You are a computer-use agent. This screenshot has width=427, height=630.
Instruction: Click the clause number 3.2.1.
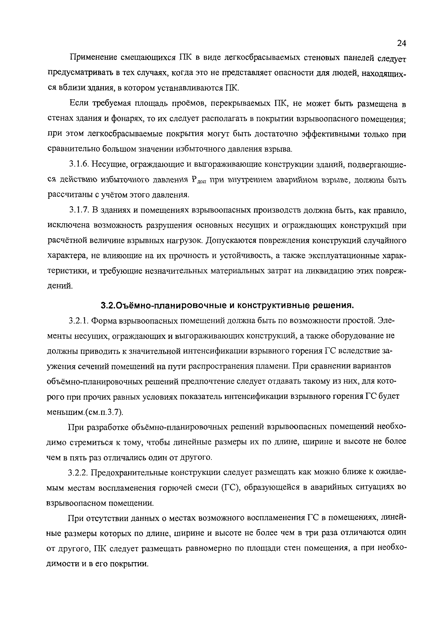(x=79, y=321)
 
